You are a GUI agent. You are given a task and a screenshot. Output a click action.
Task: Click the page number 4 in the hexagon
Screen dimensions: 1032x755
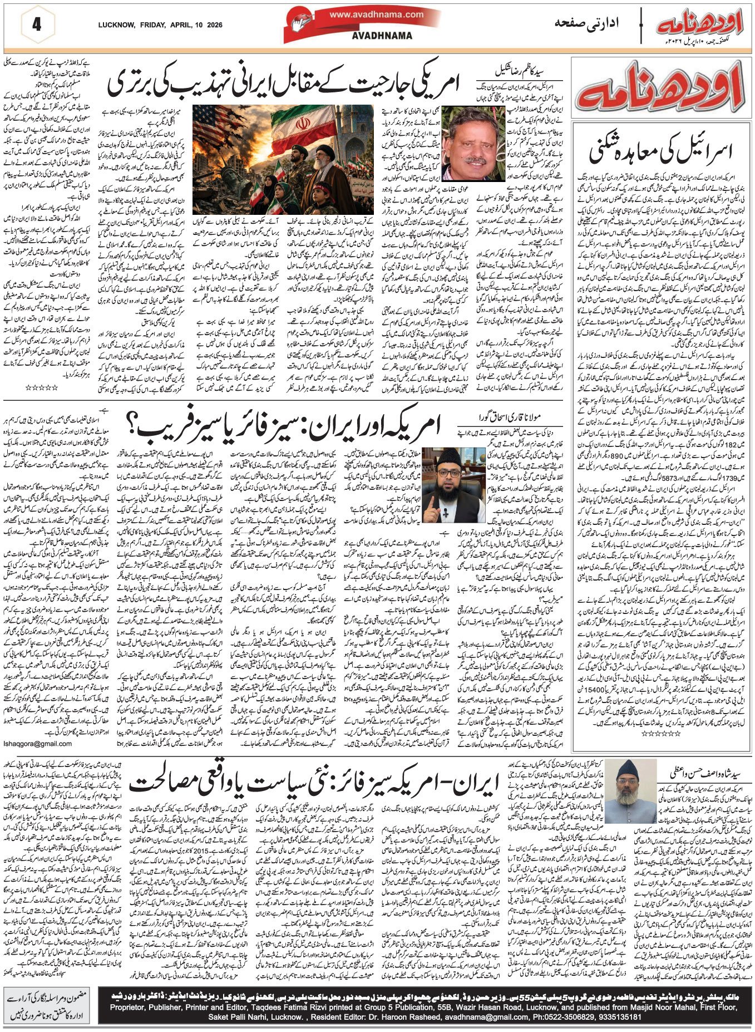(x=37, y=24)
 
